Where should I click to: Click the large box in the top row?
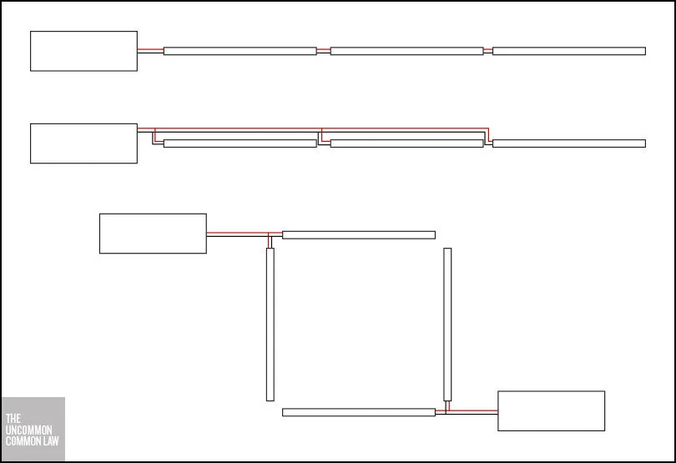click(x=83, y=51)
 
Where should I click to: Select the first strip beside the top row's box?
click(x=240, y=51)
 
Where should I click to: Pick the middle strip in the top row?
click(x=406, y=51)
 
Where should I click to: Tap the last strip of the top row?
click(x=568, y=51)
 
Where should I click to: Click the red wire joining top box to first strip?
click(x=150, y=50)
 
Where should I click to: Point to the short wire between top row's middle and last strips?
click(x=487, y=51)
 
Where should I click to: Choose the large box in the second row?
click(x=83, y=143)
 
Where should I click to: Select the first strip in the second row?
click(x=240, y=143)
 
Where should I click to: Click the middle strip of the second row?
click(x=406, y=143)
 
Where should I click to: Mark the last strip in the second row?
click(x=568, y=143)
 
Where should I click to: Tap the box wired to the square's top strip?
click(x=153, y=234)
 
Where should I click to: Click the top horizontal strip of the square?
click(x=358, y=235)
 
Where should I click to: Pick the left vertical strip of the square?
click(x=270, y=324)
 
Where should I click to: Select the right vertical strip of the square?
click(x=447, y=324)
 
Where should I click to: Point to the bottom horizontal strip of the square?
click(x=358, y=412)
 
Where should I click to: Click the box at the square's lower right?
click(x=551, y=411)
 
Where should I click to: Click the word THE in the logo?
click(x=12, y=418)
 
